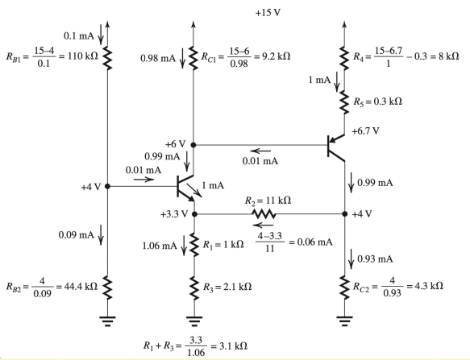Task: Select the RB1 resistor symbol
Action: (107, 56)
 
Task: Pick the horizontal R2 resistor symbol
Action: (264, 214)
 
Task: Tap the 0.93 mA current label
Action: (374, 258)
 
